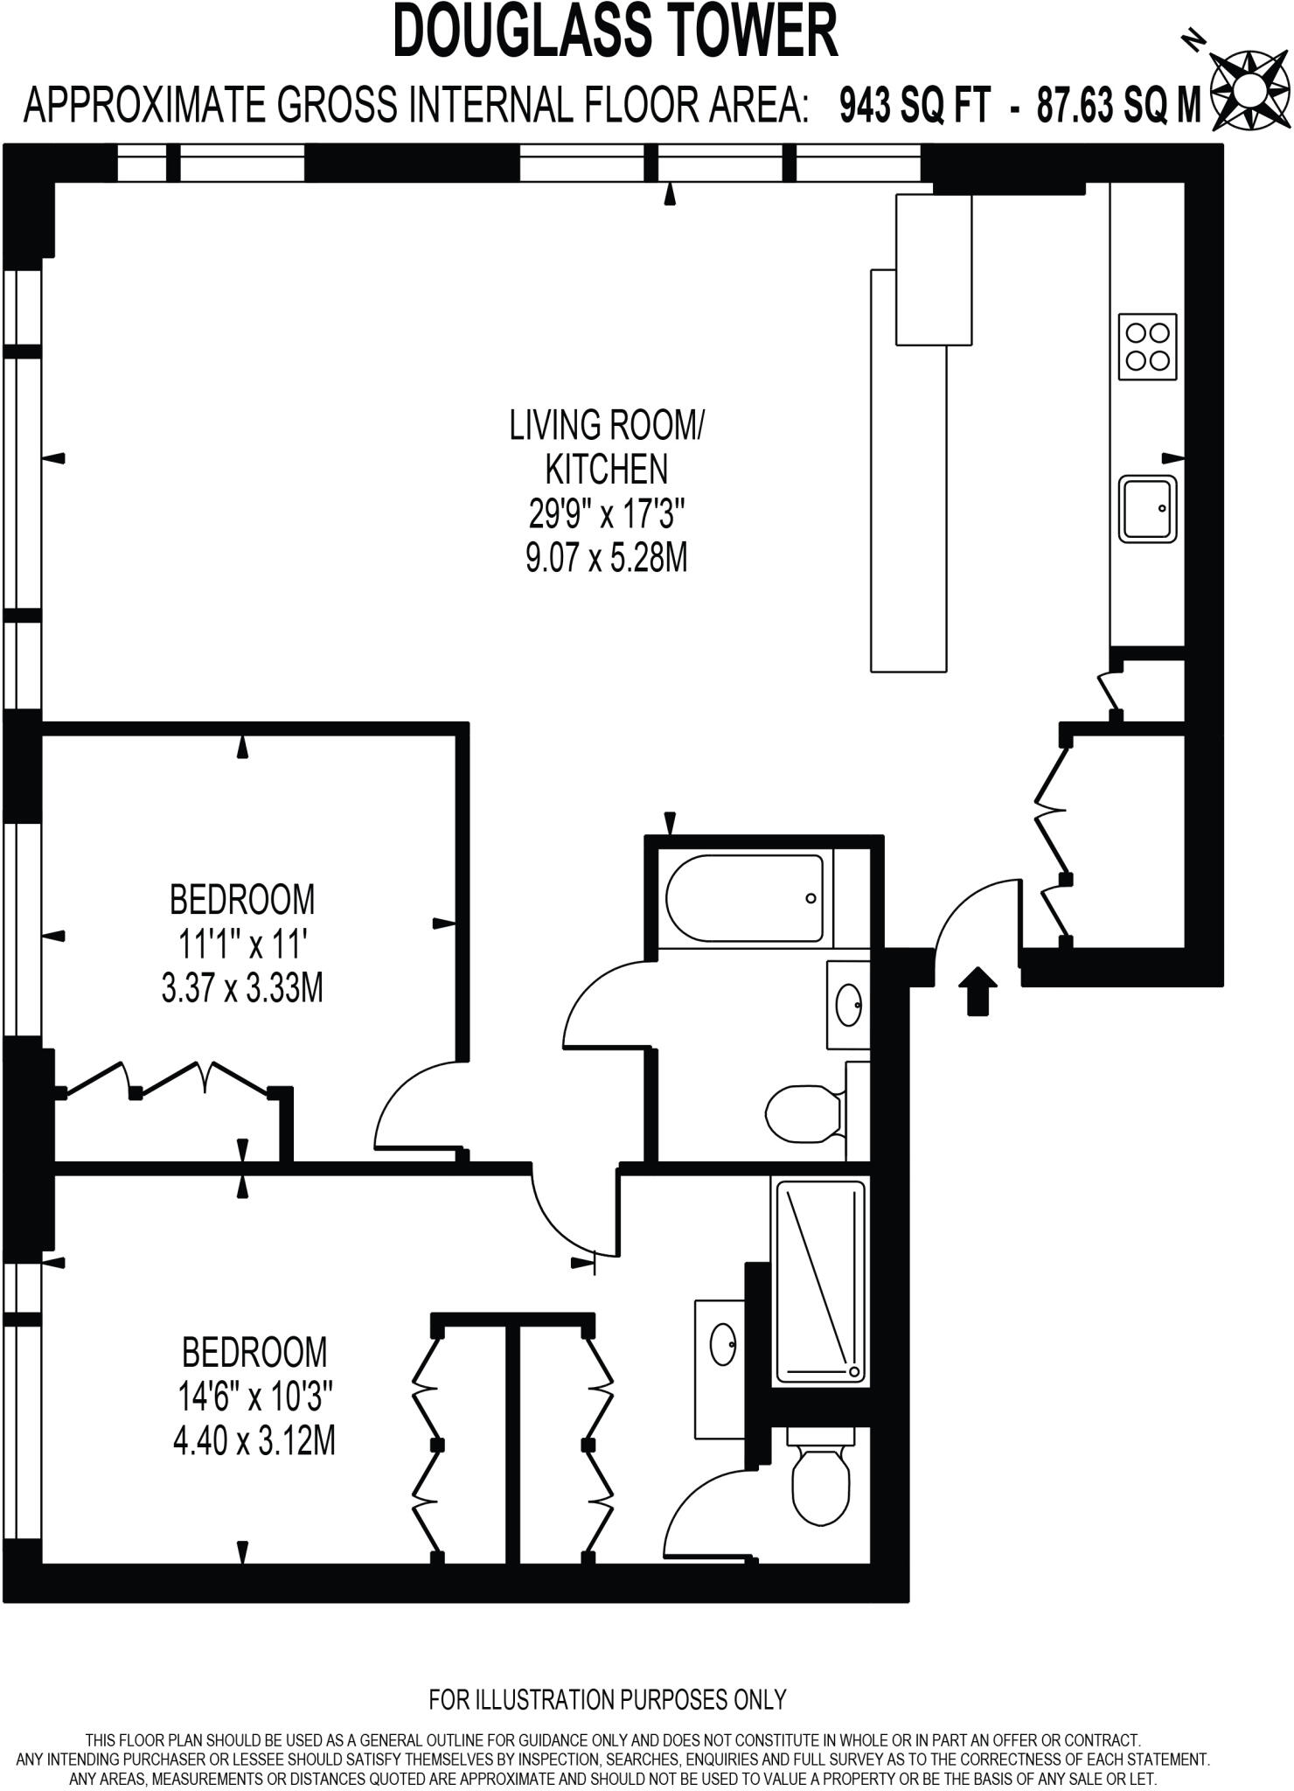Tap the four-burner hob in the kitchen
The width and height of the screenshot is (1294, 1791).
coord(1147,346)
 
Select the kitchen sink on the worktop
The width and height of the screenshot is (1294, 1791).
coord(1148,509)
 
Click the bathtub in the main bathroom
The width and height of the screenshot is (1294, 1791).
coord(744,898)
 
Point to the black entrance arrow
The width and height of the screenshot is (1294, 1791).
coord(977,990)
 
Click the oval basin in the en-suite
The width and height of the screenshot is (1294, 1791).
coord(723,1343)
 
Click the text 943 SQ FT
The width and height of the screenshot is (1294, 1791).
coord(915,107)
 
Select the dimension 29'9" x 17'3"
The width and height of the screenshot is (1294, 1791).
coord(606,514)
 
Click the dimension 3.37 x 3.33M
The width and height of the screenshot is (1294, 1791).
coord(242,989)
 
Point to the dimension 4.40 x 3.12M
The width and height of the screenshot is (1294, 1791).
coord(254,1440)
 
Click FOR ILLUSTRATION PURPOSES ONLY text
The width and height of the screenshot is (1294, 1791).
coord(608,1699)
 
